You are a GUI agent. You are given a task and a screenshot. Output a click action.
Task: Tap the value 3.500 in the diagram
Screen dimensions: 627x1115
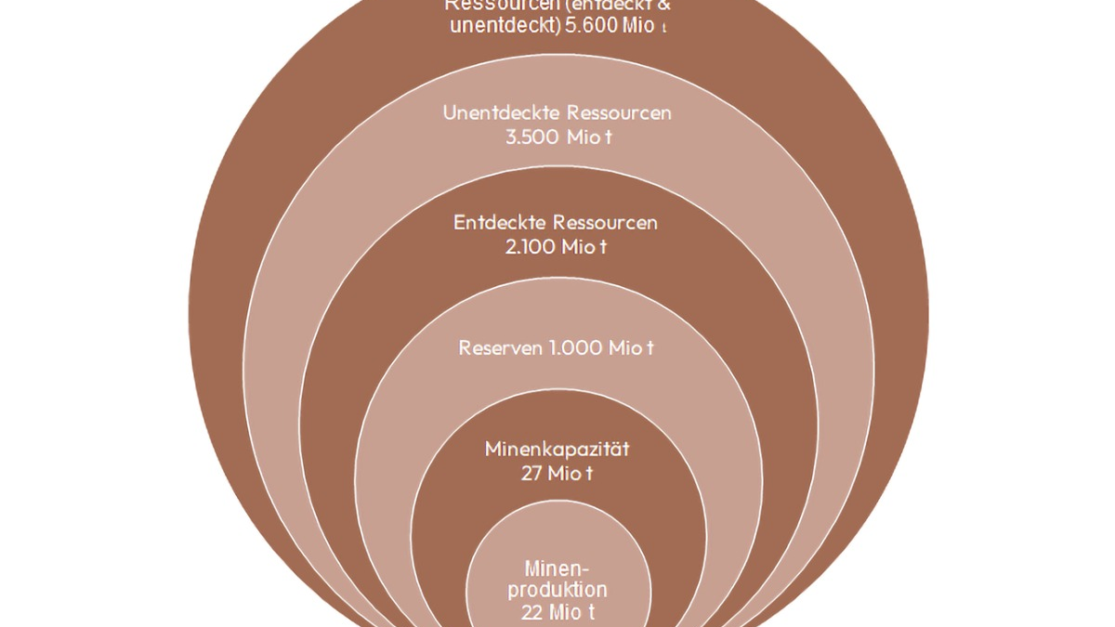coord(530,137)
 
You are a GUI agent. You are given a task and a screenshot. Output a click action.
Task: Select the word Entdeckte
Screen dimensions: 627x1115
coord(499,223)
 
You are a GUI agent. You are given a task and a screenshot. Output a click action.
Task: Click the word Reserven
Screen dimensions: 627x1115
coord(499,348)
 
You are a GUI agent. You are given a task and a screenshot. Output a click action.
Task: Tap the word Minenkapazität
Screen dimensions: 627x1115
coord(557,450)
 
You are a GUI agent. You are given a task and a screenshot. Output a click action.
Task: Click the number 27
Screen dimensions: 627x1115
coord(534,474)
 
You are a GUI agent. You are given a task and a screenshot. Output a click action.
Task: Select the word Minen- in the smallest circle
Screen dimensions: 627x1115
coord(557,568)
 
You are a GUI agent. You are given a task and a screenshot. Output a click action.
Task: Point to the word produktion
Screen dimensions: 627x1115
coord(557,590)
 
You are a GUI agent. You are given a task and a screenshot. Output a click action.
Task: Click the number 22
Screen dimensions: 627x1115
coord(532,612)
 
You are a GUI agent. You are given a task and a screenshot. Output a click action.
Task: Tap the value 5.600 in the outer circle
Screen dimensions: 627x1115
coord(597,25)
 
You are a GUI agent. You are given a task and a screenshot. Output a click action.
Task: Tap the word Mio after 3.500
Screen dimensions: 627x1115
coord(584,137)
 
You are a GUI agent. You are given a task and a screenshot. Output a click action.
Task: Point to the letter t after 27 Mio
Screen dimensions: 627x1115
coord(589,474)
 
